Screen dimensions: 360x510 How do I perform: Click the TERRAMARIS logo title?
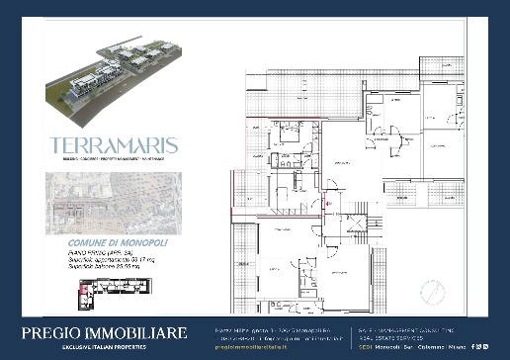click(x=114, y=144)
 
